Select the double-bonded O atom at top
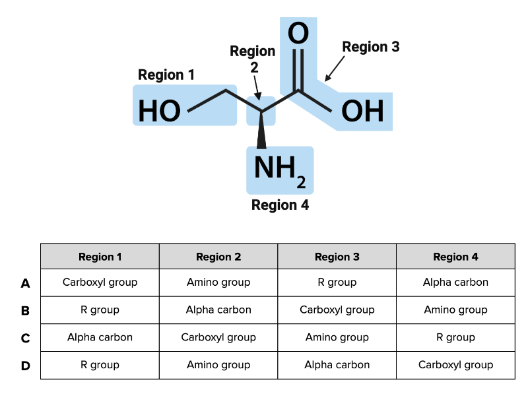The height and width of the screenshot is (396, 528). pos(298,34)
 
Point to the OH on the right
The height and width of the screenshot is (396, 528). pos(362,111)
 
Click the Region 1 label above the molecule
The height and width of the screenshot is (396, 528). pos(166,75)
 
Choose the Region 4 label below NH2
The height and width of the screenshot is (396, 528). pos(280,205)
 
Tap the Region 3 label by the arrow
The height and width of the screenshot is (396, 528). pos(371,47)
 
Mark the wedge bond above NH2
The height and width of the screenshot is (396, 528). pos(261,128)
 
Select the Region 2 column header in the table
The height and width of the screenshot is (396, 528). pos(218,257)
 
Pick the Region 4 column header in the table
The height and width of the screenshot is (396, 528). pos(455,257)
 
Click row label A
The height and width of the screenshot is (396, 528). pos(25,283)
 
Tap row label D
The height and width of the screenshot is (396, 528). pos(25,366)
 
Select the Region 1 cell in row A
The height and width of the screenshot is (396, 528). pos(100,282)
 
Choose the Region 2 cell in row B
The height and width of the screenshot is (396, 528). pos(218,310)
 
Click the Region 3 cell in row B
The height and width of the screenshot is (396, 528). pos(337,310)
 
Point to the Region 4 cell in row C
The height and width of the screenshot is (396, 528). pos(455,338)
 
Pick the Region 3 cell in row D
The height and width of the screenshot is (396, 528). pos(337,365)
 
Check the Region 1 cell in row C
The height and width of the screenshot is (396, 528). pos(100,338)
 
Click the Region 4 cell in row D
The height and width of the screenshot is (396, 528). pos(455,365)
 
